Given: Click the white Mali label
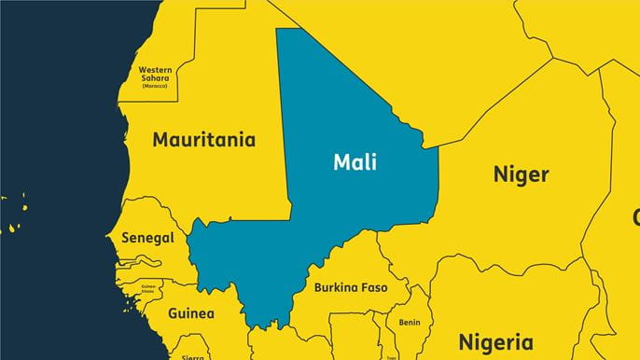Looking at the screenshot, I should pos(355,162).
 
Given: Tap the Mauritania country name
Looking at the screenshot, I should pos(203,141).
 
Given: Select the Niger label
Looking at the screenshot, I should pos(521,174).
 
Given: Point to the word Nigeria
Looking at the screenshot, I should pos(495,341).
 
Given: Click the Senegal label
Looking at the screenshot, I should pos(147,238).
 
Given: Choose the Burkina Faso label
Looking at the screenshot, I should pos(350,287).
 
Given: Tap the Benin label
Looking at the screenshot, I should pos(409,323).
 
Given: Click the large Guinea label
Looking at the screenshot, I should pos(190,313).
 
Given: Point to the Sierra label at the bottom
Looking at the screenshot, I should pos(192,356).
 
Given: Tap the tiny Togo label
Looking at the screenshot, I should pos(391,356).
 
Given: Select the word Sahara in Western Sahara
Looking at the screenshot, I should pos(156,79).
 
